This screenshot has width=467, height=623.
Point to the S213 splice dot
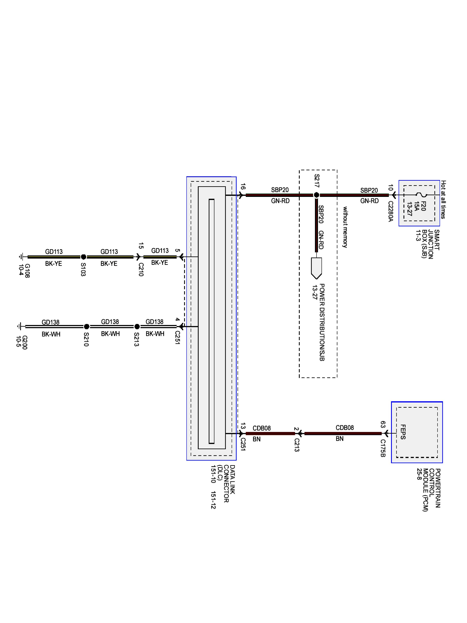[x=137, y=326]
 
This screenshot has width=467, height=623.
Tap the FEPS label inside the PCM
[x=403, y=432]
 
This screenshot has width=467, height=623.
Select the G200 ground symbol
[x=19, y=326]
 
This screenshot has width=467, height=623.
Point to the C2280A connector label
[x=390, y=211]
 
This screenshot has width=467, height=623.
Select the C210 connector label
[x=141, y=270]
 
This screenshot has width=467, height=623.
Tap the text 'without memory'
[x=345, y=227]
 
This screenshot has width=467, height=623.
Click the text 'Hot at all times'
[x=443, y=200]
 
